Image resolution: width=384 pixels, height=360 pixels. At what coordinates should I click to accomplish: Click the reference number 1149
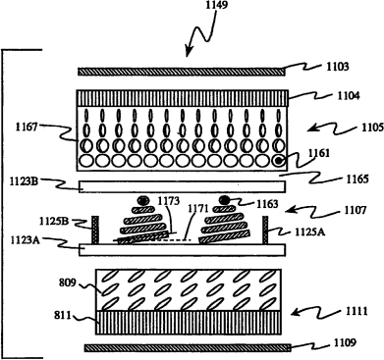215,5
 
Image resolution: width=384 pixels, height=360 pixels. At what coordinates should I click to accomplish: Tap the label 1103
338,67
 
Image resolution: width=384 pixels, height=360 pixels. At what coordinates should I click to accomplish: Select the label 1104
349,96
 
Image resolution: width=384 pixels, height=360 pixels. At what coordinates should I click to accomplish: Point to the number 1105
372,128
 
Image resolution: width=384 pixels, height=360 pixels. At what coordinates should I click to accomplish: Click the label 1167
27,128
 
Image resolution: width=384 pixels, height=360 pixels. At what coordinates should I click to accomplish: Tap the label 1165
357,179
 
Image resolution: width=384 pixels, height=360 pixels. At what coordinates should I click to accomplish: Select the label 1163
267,204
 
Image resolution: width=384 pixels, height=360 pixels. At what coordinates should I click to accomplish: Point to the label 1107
355,210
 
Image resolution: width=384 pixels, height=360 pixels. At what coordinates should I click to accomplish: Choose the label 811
63,316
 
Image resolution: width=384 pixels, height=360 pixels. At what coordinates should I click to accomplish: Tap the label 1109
345,342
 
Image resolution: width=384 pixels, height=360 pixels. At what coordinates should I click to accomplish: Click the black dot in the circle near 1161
278,161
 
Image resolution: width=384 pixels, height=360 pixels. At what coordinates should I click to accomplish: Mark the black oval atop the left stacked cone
142,200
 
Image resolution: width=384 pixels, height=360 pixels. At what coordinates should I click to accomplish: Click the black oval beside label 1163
225,199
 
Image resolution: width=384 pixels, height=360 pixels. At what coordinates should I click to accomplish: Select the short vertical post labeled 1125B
95,230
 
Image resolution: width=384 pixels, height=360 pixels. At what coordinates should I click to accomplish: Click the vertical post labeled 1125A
265,230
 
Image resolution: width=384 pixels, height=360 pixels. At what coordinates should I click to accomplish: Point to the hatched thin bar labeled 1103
181,72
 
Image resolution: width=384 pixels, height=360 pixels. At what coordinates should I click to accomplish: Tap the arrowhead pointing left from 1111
295,314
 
